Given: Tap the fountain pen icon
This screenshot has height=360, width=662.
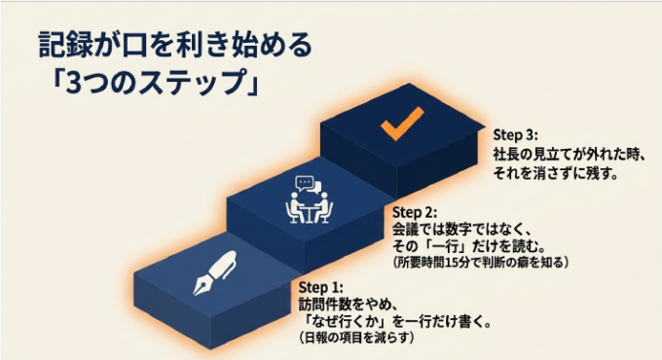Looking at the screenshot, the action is pos(215,272).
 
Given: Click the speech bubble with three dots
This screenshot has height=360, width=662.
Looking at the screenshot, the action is pos(305,183).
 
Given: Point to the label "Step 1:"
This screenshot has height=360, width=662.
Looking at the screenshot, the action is pos(321,287).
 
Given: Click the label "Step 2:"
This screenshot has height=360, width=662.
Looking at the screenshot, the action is pos(415,212).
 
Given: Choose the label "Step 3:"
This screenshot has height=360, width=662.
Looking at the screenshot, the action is pos(516,135).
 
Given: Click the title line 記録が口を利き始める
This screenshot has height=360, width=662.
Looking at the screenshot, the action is pos(175,45).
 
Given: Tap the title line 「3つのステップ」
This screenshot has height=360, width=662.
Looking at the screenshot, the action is pos(155,82).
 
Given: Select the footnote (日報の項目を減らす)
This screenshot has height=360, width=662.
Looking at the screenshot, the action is pos(356,338).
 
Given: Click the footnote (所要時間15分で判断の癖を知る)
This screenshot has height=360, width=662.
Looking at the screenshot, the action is pos(481,262).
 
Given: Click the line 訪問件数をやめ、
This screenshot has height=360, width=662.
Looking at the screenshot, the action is pos(349,305).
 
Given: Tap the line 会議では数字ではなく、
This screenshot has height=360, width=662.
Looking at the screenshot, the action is pos(461,230).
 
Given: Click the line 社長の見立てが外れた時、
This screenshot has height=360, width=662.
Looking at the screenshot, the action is pos(570,155).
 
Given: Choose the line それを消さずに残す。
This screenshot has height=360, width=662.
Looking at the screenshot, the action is pos(556,173).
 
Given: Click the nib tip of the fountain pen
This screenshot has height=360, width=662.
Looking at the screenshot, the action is pos(194,294).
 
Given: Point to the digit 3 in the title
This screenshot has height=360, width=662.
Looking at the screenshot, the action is pos(73,83).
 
